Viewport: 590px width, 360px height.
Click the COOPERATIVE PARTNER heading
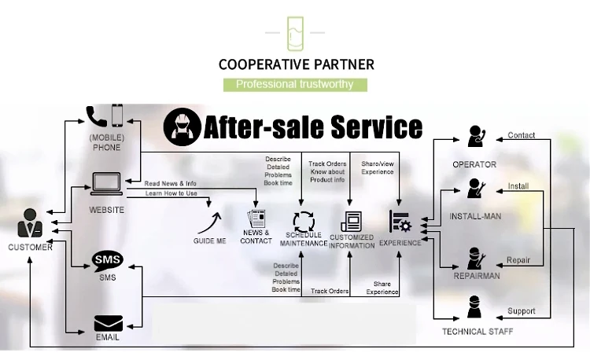tap(295, 64)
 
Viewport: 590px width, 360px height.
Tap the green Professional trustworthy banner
tap(295, 84)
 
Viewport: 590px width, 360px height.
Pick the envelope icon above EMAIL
tap(107, 323)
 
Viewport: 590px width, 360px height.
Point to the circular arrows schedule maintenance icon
tap(303, 222)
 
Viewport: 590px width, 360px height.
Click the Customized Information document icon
tap(351, 222)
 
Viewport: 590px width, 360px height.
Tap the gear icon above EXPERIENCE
tap(400, 222)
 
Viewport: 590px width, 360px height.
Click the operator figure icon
tap(474, 137)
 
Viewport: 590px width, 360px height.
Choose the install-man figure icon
tap(474, 189)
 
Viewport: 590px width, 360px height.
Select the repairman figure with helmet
tap(475, 258)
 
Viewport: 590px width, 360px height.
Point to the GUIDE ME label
tap(210, 241)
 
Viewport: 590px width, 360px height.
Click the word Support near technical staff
tap(521, 311)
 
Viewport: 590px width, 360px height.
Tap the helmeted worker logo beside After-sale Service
tap(182, 127)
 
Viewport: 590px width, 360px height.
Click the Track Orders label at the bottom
tap(330, 291)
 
